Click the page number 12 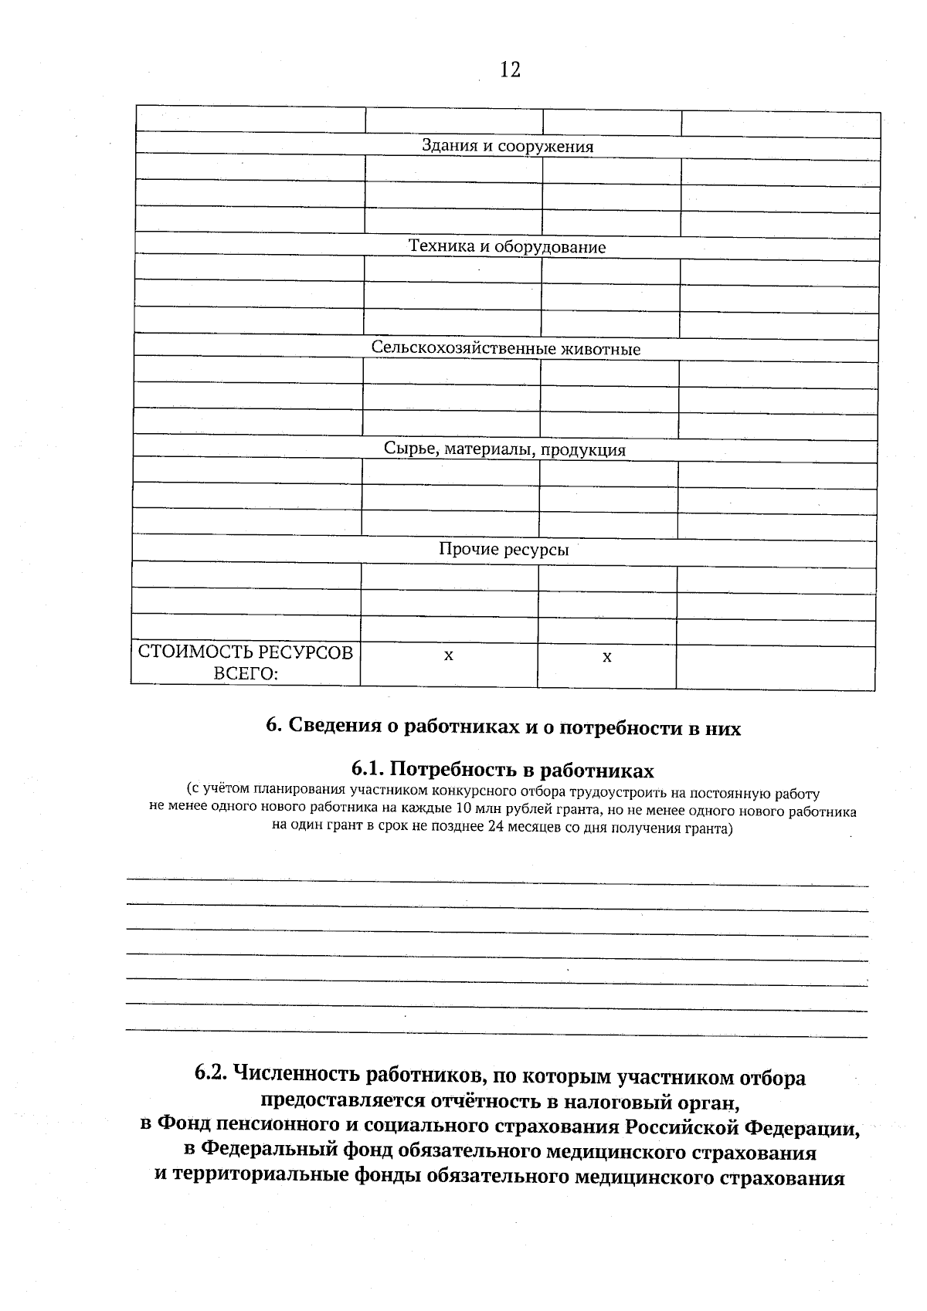(x=510, y=70)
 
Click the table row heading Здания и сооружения (x=507, y=147)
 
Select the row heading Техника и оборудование (x=507, y=247)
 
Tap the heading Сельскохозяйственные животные (x=506, y=349)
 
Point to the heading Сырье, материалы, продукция (x=505, y=449)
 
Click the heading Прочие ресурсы (x=504, y=550)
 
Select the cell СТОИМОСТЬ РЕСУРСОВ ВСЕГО (x=246, y=662)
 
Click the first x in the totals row (x=449, y=655)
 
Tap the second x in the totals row (x=607, y=657)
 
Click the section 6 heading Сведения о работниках (x=503, y=728)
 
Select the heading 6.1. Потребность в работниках (x=502, y=770)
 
